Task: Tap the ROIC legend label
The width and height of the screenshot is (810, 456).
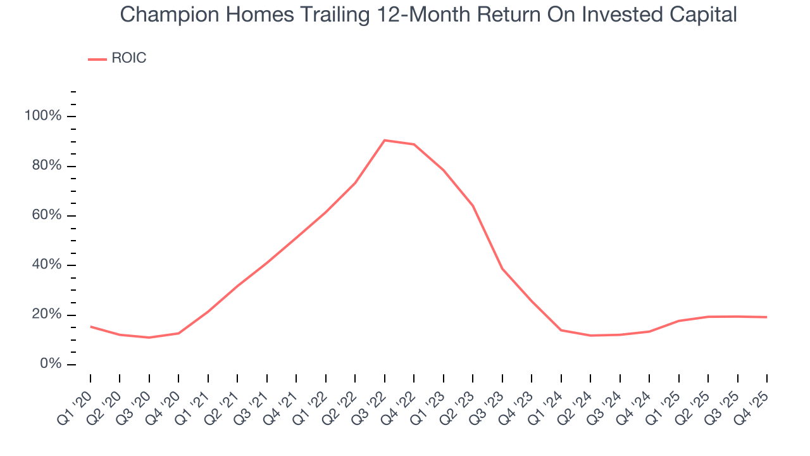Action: click(x=129, y=58)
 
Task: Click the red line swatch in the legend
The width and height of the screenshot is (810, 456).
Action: click(x=97, y=59)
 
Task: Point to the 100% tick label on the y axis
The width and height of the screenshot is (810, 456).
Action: click(x=43, y=116)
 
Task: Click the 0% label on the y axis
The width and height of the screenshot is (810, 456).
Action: click(x=50, y=364)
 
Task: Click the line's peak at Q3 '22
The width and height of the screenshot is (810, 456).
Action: click(x=384, y=140)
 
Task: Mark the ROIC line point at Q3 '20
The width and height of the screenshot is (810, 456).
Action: click(x=149, y=338)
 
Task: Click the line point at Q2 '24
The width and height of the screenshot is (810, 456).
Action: click(x=590, y=336)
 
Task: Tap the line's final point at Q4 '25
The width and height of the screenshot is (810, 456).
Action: click(x=767, y=317)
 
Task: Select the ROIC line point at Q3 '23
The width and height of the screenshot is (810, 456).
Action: click(x=502, y=269)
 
